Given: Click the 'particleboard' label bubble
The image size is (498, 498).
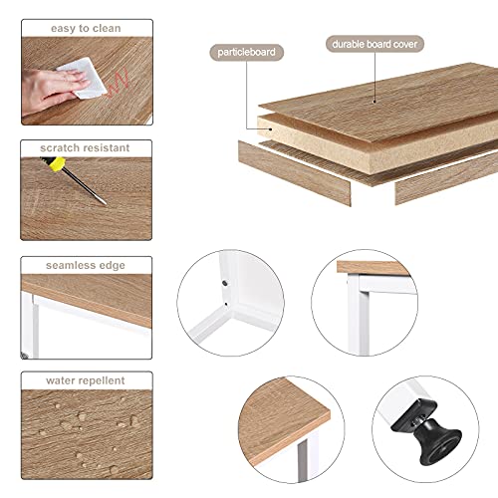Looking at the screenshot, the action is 246,53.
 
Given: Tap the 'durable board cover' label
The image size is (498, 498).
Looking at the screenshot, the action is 374,44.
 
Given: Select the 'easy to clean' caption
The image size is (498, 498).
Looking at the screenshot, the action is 86,29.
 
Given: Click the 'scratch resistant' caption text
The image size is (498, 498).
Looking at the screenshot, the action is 85,147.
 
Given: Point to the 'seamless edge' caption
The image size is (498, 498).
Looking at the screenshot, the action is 86,265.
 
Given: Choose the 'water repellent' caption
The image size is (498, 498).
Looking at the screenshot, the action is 86,380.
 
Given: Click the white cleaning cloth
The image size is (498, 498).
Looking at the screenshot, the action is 83,78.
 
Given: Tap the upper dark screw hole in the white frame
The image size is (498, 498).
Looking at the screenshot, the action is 224,283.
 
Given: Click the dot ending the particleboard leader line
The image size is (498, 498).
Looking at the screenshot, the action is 272,128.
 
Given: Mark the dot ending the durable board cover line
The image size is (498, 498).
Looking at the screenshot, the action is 374,102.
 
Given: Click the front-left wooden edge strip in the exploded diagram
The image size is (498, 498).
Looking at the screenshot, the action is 294,173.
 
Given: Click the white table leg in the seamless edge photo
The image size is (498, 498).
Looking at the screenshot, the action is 31,326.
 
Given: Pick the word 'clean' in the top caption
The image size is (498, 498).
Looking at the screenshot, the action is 107,29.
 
